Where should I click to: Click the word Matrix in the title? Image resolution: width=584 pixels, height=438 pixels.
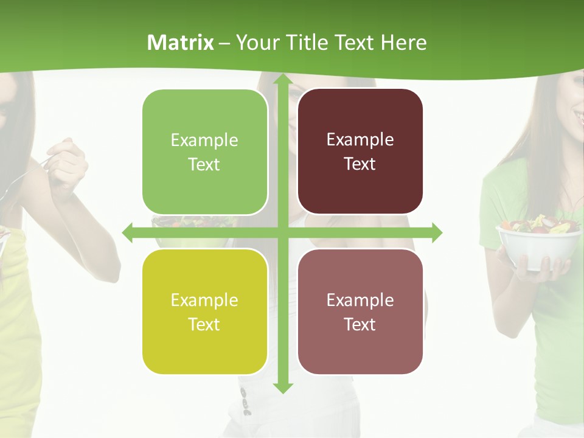click(x=181, y=43)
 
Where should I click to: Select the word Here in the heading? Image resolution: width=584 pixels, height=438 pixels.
click(x=403, y=43)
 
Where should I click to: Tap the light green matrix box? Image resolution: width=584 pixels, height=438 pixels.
click(x=205, y=152)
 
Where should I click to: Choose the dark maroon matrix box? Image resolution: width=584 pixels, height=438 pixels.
click(x=360, y=151)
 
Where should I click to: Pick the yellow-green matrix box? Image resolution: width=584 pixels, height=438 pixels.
click(x=205, y=311)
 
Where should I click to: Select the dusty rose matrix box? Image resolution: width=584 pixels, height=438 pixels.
click(x=360, y=311)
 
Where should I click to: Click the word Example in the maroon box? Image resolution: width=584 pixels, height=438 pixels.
click(x=360, y=139)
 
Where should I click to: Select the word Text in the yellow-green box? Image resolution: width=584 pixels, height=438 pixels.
click(x=204, y=324)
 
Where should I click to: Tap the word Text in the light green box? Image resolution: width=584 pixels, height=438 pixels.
click(x=204, y=164)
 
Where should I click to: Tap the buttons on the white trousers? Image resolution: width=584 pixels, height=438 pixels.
click(x=245, y=401)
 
